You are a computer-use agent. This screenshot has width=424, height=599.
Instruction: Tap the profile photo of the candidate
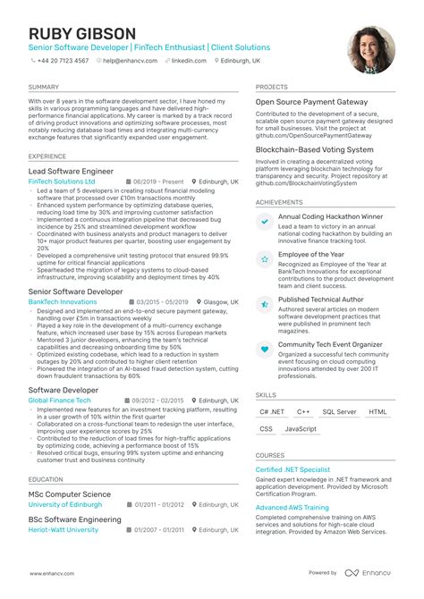[370, 49]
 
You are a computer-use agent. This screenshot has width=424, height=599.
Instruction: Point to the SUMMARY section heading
[44, 88]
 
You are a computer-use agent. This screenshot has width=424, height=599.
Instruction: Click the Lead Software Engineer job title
[71, 170]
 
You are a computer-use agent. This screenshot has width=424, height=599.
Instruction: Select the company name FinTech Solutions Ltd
[62, 181]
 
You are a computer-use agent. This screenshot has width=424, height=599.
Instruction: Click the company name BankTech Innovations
[62, 303]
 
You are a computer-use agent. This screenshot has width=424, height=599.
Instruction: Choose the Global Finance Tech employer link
[60, 401]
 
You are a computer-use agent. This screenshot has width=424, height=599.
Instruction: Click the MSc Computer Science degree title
[69, 494]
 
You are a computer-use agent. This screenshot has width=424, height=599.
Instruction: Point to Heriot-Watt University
[64, 529]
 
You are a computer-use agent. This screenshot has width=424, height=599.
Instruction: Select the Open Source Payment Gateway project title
[311, 103]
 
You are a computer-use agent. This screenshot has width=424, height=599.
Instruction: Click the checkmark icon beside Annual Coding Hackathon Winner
[264, 221]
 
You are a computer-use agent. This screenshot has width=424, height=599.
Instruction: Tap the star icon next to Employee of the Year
[264, 260]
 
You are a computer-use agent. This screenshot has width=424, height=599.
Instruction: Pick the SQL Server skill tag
[339, 412]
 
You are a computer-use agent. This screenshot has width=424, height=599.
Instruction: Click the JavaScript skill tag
[301, 429]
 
